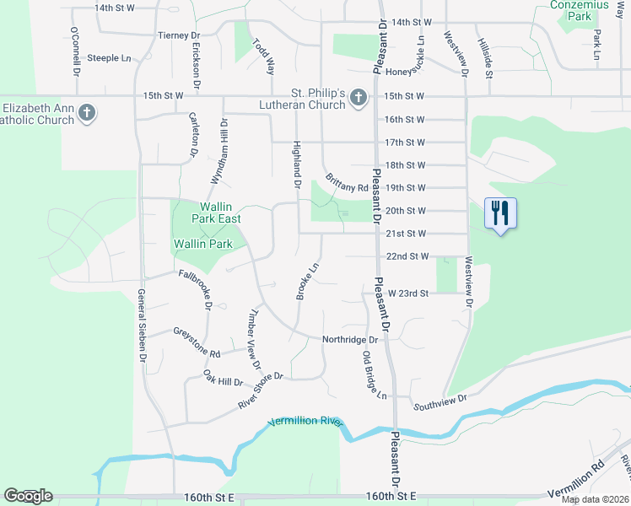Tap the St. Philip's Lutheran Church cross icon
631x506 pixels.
tap(358, 99)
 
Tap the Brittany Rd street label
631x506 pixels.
tap(346, 182)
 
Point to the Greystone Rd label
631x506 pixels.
tap(196, 338)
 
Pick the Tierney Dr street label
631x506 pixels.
tap(179, 36)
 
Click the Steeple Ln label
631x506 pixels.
tap(116, 58)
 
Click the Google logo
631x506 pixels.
tap(28, 496)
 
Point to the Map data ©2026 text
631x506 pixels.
tap(595, 499)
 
